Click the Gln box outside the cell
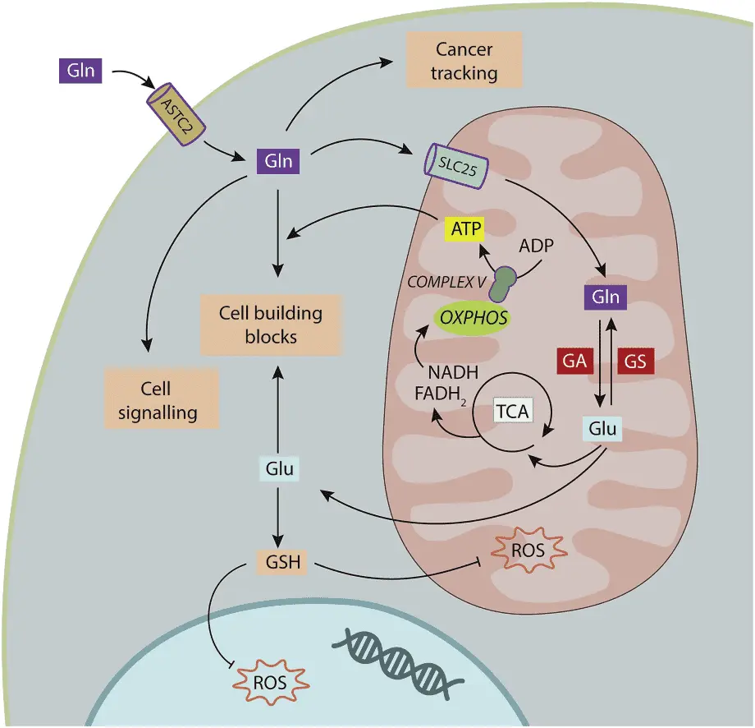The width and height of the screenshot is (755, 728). point(80,71)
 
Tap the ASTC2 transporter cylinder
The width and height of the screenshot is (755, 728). point(176,113)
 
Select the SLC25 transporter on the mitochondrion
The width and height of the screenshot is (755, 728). point(455,166)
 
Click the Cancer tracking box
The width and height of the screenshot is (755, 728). point(464,60)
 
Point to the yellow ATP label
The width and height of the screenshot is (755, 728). point(465,228)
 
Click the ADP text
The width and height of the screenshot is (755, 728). point(537,246)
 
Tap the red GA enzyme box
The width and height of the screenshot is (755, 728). point(574,361)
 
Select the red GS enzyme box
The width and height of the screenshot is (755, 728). point(635,361)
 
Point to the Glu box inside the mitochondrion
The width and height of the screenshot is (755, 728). point(602,429)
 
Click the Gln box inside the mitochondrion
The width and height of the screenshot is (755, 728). point(606,297)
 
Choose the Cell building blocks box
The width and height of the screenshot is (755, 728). point(271,325)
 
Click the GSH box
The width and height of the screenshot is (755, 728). point(282,562)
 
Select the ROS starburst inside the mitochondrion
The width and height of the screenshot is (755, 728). point(528,550)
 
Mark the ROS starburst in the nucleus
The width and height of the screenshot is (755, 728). point(270,683)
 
